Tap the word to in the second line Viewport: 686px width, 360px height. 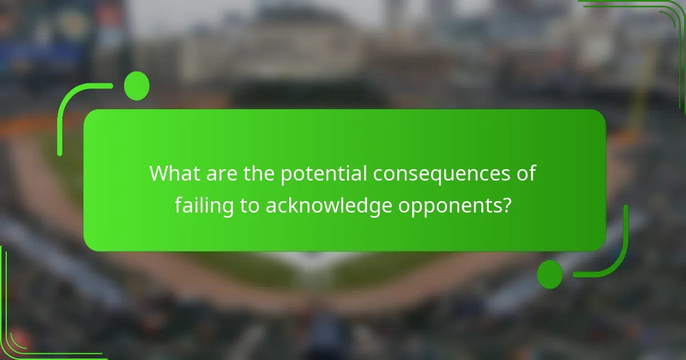250,206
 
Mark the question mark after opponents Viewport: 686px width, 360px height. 506,206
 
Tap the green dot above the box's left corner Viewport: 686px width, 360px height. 137,86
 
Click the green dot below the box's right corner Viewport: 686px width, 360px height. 550,274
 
